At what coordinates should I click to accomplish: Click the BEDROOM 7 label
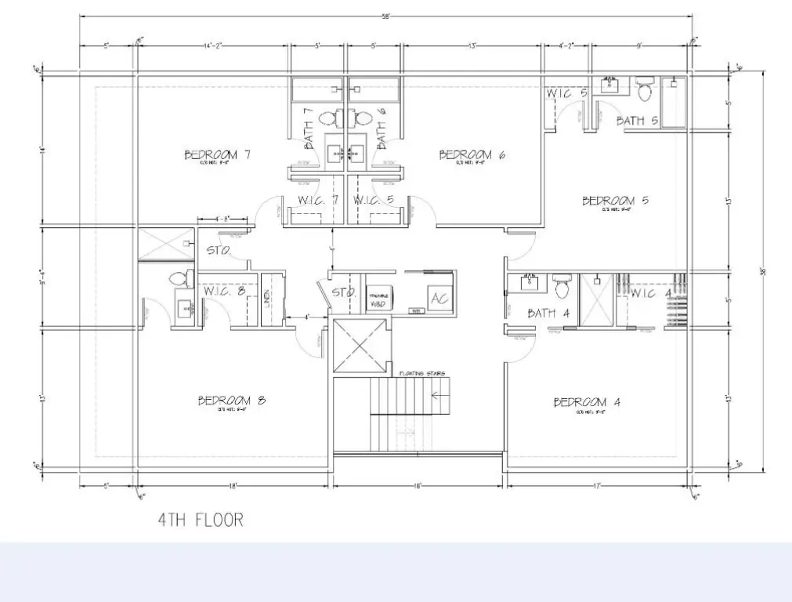(217, 154)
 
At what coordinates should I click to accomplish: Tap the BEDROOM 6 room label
(472, 154)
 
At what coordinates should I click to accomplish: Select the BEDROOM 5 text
(615, 201)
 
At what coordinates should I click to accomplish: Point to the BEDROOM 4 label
(587, 402)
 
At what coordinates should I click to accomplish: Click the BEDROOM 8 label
(232, 401)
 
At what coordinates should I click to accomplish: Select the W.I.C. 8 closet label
(224, 292)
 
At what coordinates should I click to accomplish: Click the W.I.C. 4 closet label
(652, 294)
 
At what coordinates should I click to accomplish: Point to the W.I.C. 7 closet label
(317, 201)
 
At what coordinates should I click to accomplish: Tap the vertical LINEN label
(267, 299)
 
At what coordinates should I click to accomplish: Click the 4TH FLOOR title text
(201, 519)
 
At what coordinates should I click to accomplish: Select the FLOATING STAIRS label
(421, 374)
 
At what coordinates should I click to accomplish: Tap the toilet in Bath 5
(645, 91)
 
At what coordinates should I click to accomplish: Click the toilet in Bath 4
(562, 287)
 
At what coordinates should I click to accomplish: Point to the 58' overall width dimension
(385, 16)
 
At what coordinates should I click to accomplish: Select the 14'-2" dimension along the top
(214, 46)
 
